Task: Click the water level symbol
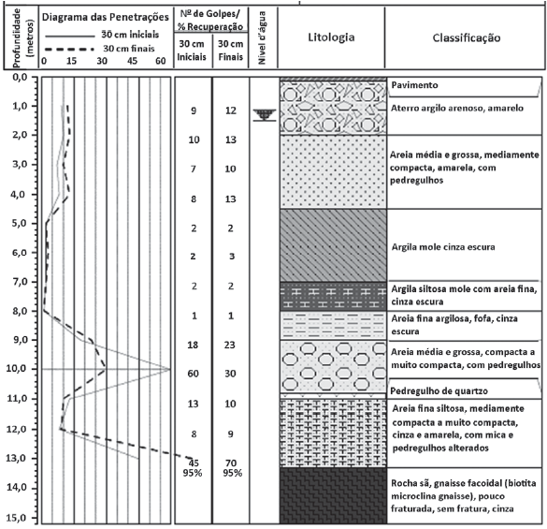265,115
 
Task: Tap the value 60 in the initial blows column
193,374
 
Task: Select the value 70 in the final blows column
231,463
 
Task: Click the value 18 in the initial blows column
193,345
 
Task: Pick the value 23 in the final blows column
229,345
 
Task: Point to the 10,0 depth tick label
18,369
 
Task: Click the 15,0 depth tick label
18,518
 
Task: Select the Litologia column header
331,37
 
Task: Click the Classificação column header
467,37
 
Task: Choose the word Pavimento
414,85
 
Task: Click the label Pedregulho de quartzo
439,391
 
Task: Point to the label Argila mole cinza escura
443,247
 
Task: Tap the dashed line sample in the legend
70,50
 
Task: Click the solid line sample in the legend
70,36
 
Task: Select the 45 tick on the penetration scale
132,61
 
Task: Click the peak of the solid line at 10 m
170,369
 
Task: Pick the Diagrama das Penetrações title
106,17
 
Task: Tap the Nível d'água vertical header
263,37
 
